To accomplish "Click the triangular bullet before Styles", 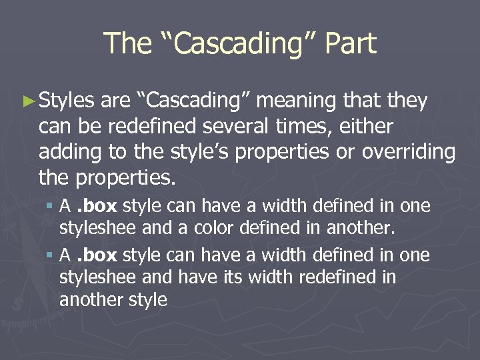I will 27,101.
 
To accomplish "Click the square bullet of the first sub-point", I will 51,207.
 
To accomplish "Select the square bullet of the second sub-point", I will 51,256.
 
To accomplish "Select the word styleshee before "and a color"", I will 97,229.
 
